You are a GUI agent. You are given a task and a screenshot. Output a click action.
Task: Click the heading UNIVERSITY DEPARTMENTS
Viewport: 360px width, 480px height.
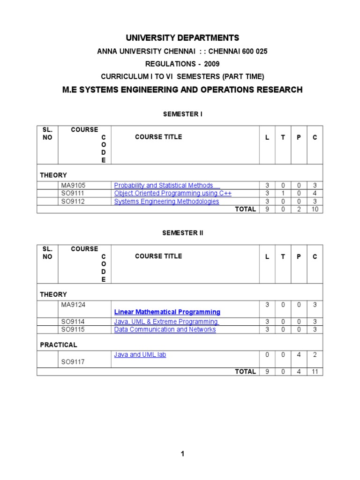pos(182,38)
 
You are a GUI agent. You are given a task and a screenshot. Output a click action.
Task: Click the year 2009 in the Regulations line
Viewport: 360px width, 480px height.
pos(211,64)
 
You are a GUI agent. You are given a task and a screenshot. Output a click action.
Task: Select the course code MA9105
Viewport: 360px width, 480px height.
pos(73,185)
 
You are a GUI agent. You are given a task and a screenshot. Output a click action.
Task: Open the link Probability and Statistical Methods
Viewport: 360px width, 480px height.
pos(164,185)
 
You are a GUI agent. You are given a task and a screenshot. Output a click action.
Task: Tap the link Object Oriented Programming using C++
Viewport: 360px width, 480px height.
pos(172,193)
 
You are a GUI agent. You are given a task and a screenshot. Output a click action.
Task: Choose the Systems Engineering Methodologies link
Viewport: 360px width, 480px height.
pos(166,202)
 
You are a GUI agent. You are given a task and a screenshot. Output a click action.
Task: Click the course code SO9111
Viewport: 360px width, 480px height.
pos(73,193)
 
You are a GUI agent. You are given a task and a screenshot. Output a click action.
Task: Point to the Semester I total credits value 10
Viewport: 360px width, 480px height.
pos(315,209)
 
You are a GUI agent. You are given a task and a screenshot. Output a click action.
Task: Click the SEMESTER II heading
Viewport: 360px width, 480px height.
pos(182,232)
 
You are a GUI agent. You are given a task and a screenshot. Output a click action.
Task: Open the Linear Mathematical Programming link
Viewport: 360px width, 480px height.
pos(167,312)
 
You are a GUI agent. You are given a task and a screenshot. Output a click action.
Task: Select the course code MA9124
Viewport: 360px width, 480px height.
pos(73,305)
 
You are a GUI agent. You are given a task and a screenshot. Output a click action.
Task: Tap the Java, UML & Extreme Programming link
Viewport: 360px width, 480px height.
pos(166,322)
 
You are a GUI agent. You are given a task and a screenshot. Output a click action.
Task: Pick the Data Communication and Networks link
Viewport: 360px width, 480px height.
pos(165,330)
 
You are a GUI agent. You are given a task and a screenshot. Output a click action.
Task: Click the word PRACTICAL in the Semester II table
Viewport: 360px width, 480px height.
pos(59,345)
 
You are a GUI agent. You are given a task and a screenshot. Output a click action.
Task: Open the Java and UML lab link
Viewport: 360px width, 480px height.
pos(140,355)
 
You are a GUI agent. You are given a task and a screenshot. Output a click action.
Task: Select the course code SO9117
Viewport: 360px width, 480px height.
pos(73,362)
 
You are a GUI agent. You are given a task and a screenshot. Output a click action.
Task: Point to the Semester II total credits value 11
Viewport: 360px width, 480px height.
pos(315,371)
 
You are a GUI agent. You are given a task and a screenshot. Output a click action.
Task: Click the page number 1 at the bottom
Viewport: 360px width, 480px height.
pos(182,454)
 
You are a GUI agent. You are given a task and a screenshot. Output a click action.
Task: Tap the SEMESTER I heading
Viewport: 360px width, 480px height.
pos(182,113)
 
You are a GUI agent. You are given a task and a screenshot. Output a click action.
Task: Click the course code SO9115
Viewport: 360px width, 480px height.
pos(73,330)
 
